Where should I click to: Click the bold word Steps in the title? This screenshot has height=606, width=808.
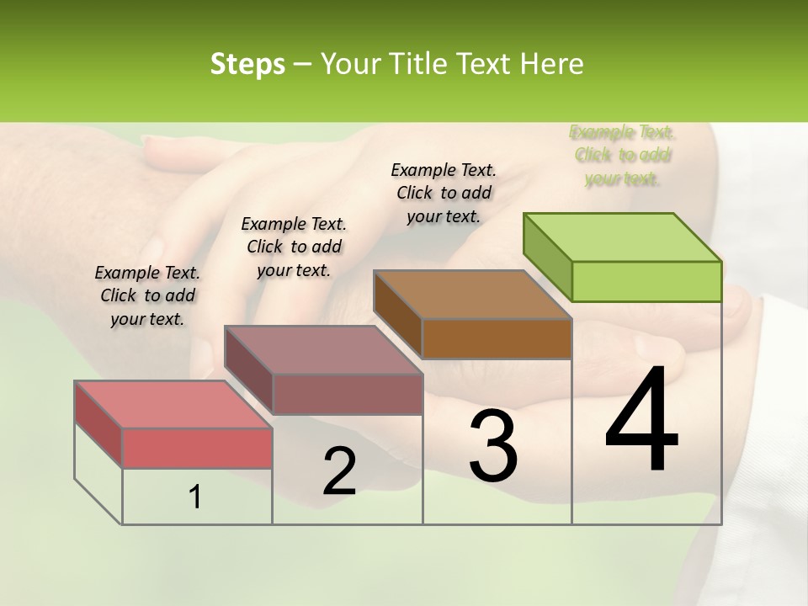coord(247,64)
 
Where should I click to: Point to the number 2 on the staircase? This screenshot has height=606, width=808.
coord(339,471)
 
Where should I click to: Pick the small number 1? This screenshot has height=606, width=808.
coord(195,497)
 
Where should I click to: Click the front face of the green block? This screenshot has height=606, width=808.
coord(646,281)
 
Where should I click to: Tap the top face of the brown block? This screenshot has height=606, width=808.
coord(472,295)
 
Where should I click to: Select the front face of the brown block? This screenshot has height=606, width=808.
coord(497,339)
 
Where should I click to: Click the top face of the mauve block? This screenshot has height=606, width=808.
coord(323,350)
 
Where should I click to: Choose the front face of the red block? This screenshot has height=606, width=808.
coord(197,448)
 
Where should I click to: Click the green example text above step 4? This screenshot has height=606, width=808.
coord(622,155)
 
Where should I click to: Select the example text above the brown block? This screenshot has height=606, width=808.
coord(444,193)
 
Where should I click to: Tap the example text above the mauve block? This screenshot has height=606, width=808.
coord(294,247)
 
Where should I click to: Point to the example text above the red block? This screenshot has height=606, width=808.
coord(147,295)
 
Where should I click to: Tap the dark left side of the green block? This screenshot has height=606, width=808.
coord(547,257)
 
